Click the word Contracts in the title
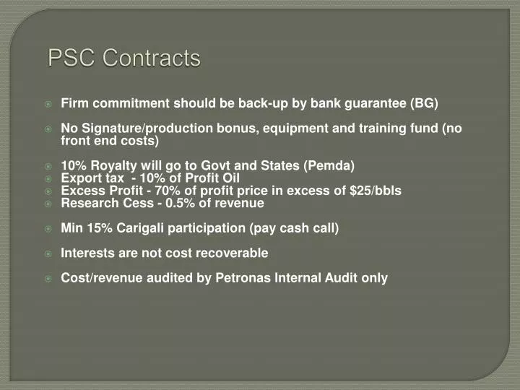click(x=152, y=58)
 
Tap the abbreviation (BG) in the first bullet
click(x=424, y=103)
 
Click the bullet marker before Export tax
click(x=48, y=178)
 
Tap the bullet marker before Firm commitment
click(x=48, y=104)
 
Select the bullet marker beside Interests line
click(x=48, y=253)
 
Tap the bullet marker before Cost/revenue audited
click(x=48, y=278)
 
